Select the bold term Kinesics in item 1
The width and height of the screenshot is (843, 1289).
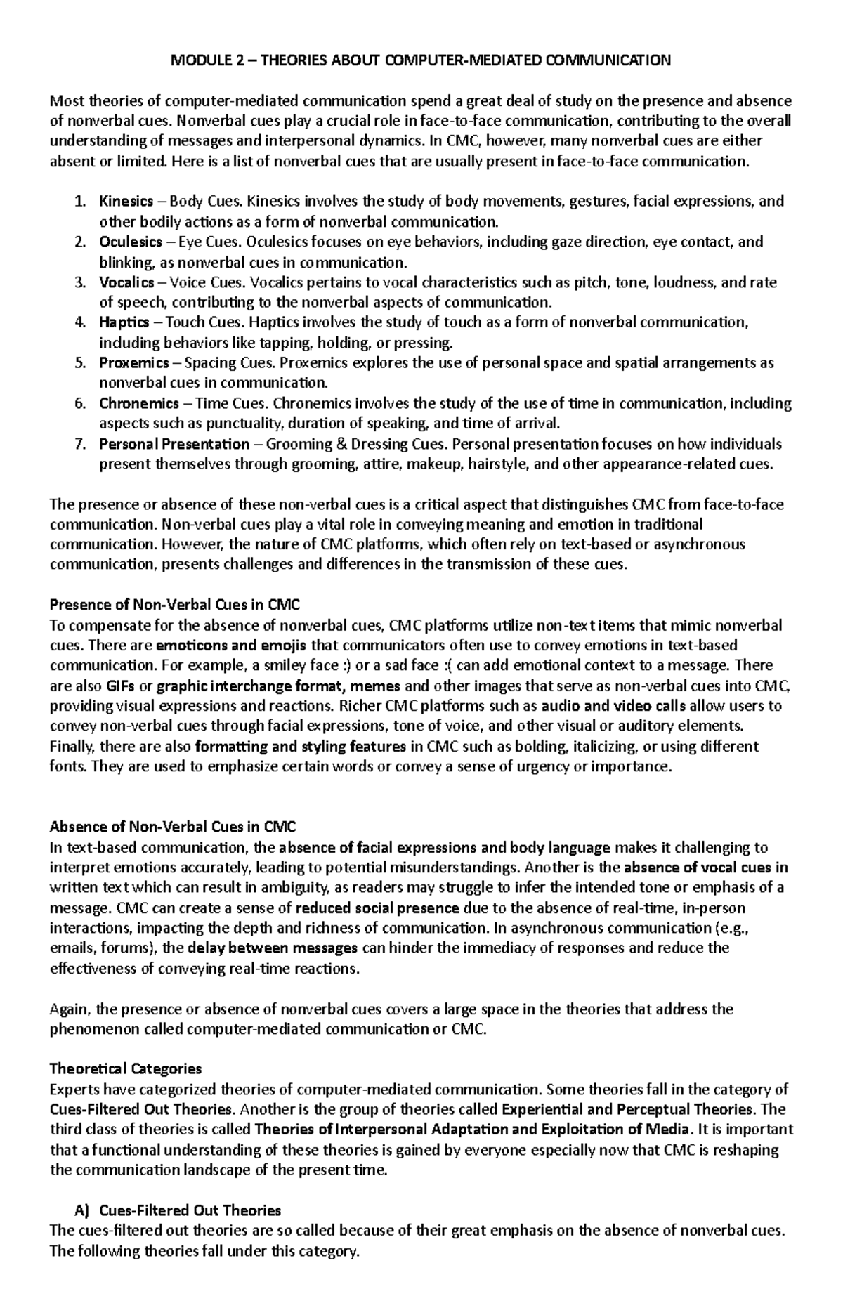click(x=126, y=202)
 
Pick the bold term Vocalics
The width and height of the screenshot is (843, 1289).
click(x=126, y=282)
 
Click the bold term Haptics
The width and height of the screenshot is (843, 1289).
click(x=124, y=322)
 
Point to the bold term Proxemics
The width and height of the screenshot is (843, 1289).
click(x=133, y=363)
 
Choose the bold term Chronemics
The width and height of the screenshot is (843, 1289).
click(x=138, y=404)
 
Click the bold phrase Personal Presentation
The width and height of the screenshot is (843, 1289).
click(x=174, y=444)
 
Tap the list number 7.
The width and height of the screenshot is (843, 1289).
click(x=79, y=444)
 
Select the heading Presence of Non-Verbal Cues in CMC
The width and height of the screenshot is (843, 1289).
click(x=175, y=605)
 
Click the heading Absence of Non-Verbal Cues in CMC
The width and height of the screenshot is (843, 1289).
click(x=173, y=827)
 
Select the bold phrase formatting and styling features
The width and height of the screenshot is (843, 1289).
click(x=301, y=746)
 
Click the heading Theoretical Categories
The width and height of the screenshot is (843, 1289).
click(x=125, y=1069)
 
